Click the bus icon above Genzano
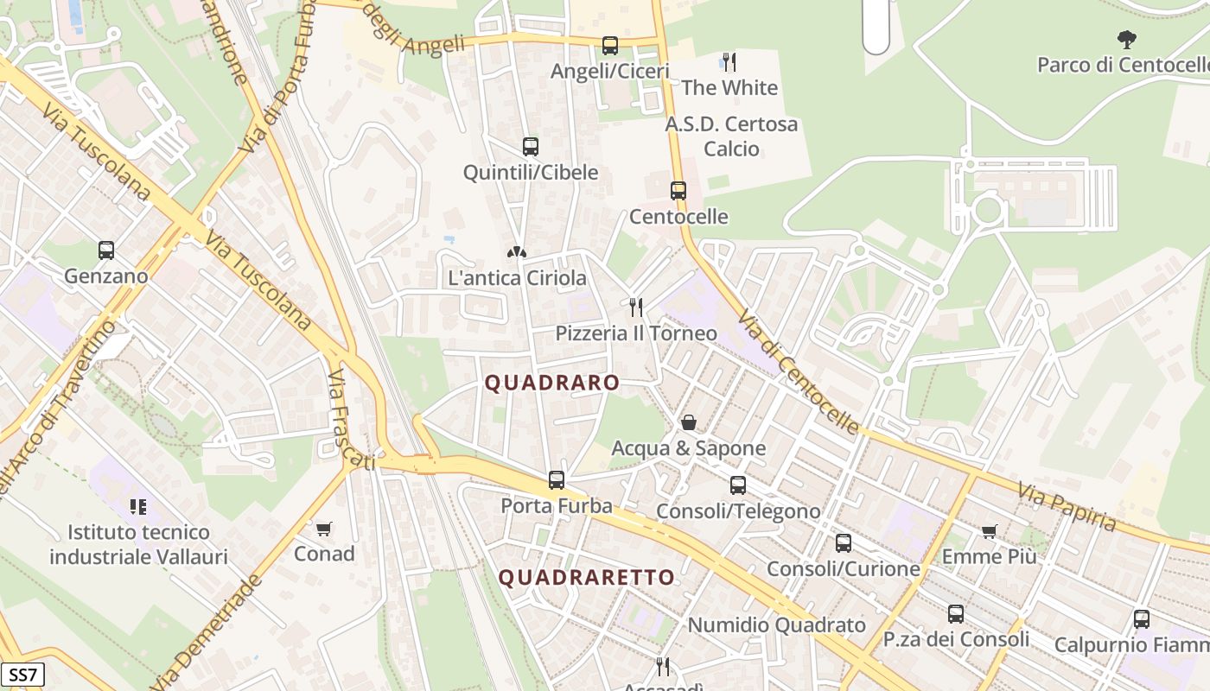tap(106, 250)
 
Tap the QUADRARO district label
tap(552, 383)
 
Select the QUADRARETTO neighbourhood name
tap(587, 577)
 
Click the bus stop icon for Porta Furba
tap(557, 479)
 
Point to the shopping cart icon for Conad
tap(324, 529)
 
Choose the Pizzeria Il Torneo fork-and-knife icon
tap(636, 307)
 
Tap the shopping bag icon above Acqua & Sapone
tap(689, 422)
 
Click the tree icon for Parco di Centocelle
tap(1126, 39)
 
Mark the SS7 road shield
tap(22, 674)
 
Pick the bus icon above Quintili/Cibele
tap(531, 147)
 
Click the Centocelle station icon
tap(678, 191)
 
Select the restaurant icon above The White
tap(729, 62)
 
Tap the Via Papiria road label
tap(1067, 506)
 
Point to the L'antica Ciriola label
tap(517, 278)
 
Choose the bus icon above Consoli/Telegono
tap(737, 485)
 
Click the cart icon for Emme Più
tap(990, 531)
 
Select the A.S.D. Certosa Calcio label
tap(731, 136)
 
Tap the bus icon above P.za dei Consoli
tap(956, 614)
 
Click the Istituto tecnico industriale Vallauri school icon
tap(138, 506)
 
